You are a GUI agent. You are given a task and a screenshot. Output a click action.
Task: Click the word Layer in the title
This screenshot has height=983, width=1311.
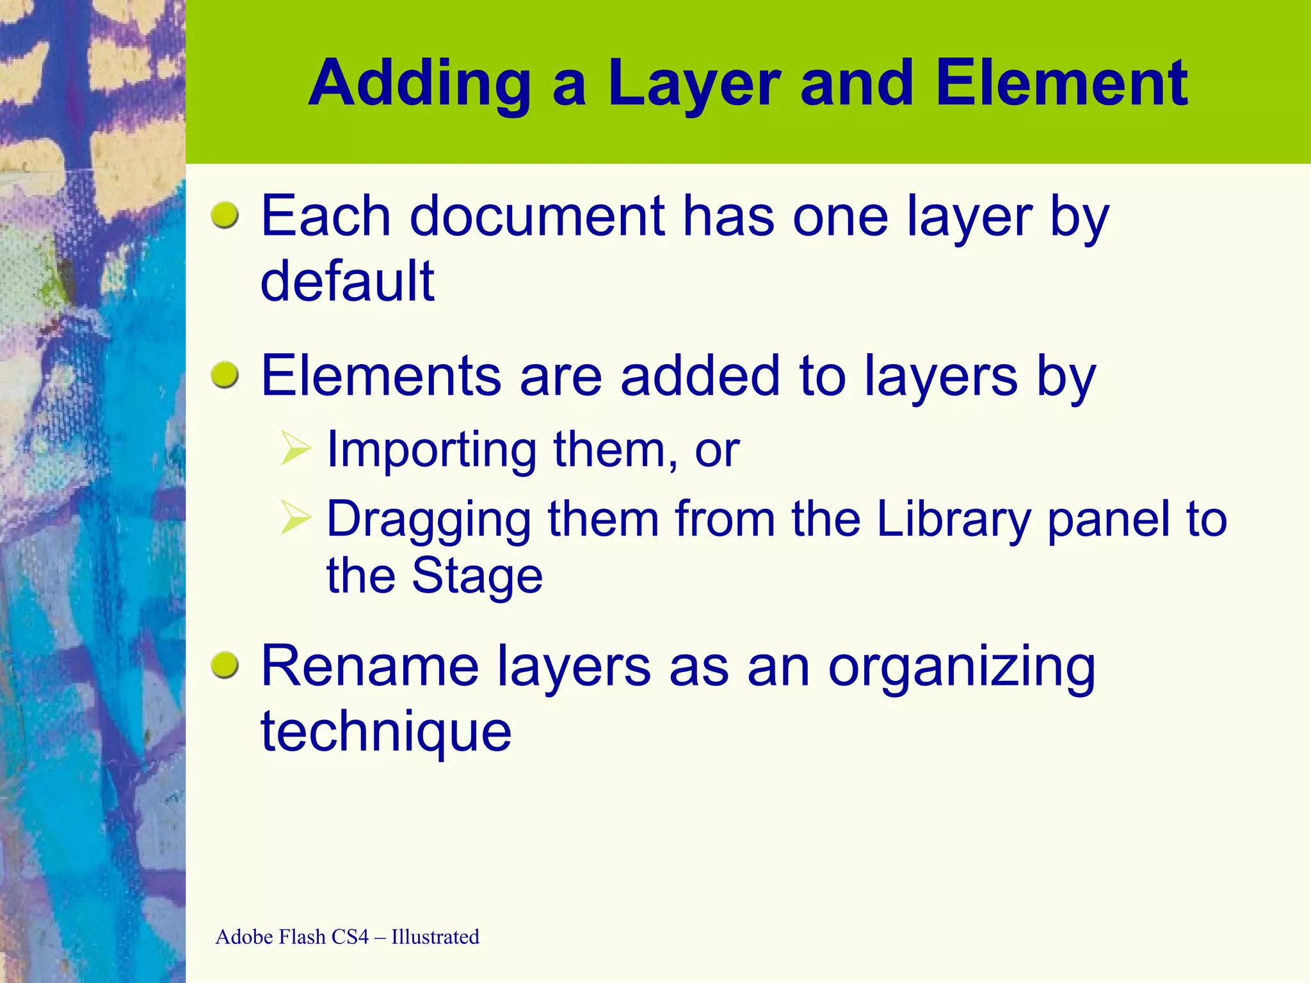click(694, 84)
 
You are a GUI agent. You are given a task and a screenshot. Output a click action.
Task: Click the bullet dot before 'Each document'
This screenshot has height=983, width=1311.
click(225, 215)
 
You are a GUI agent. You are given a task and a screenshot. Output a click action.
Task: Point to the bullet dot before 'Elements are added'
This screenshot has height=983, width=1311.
click(225, 374)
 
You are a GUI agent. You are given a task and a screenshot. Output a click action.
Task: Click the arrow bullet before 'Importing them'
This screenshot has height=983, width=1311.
click(296, 449)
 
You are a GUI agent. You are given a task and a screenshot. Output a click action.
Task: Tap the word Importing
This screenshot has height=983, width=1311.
click(431, 451)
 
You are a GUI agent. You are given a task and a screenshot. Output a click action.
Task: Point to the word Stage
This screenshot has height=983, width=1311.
click(477, 576)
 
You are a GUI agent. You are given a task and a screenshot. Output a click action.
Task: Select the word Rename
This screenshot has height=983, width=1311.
click(370, 667)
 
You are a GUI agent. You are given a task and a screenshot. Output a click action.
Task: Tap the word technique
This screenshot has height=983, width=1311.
click(386, 732)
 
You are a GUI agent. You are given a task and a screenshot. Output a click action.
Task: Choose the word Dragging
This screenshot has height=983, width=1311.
click(428, 520)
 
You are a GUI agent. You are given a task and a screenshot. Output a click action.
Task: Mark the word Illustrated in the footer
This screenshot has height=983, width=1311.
click(435, 937)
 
